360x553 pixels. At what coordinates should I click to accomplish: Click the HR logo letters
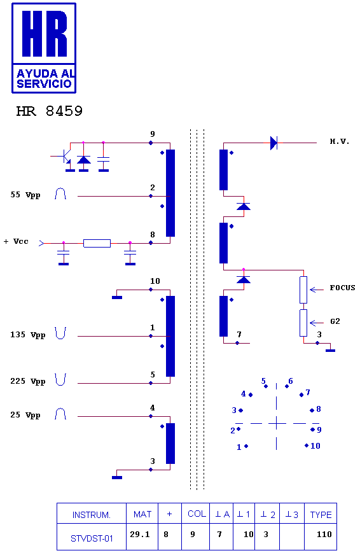coord(45,34)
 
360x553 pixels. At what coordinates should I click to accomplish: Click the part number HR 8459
coord(50,111)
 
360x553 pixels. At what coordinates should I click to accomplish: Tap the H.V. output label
coord(340,142)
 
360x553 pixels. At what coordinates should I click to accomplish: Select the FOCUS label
coord(342,288)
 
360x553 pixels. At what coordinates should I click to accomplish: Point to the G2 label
coord(335,321)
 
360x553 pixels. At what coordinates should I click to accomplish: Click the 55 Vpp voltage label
coord(25,195)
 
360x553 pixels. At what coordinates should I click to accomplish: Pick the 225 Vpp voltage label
coord(28,382)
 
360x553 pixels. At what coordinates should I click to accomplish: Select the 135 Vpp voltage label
coord(28,335)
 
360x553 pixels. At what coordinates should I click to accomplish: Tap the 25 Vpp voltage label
coord(25,415)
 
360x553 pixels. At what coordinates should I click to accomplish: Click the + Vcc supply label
coord(16,242)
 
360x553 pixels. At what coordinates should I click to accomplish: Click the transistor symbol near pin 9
coord(64,157)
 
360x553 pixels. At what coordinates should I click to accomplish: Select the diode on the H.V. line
coord(273,143)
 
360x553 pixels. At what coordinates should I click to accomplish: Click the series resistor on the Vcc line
coord(97,243)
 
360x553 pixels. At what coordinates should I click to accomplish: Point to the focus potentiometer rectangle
coord(303,290)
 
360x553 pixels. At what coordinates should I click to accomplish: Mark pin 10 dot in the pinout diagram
coord(307,445)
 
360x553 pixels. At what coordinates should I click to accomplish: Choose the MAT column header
coord(142,515)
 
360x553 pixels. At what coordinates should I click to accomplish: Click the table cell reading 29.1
coord(140,535)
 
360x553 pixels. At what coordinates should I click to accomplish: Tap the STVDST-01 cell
coord(92,538)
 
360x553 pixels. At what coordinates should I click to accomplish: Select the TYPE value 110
coord(324,535)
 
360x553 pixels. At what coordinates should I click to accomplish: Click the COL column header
coord(197,514)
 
